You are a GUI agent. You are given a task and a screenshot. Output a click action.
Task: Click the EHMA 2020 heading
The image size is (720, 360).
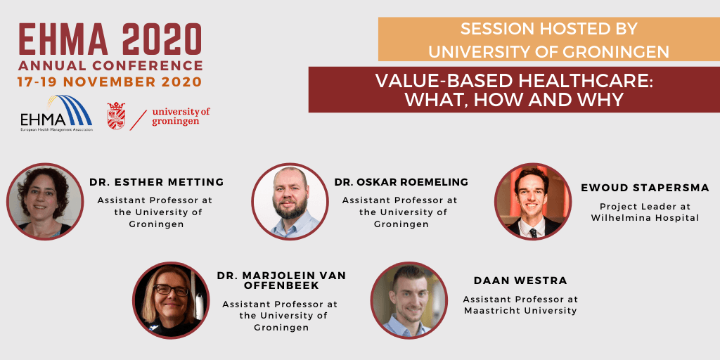(110, 40)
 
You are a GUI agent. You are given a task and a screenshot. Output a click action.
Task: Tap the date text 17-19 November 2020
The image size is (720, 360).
(110, 82)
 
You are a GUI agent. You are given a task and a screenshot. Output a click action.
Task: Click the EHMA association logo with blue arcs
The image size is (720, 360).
(56, 113)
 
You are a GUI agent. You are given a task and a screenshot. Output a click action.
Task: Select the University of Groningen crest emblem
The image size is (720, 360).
(116, 116)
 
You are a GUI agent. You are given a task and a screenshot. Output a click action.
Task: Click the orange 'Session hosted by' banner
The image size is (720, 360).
(548, 39)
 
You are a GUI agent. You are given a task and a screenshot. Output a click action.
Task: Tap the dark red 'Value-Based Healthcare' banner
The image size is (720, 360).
(514, 89)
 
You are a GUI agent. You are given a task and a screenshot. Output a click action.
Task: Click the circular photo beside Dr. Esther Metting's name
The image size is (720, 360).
(45, 201)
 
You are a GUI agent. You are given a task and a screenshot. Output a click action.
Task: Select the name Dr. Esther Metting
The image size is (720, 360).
(157, 182)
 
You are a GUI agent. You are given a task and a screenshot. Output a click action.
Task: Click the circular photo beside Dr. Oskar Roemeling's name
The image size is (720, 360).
(290, 202)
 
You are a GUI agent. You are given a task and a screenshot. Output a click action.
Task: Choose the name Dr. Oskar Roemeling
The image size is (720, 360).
(401, 182)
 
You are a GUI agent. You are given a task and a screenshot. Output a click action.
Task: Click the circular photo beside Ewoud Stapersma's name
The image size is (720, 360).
(533, 201)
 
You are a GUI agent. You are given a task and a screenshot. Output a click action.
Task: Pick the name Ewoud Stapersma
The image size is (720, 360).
(645, 188)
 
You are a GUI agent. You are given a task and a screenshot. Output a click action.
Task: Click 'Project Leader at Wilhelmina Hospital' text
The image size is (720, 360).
(645, 212)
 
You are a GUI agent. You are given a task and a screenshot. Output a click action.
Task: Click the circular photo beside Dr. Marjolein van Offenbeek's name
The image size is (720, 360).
(172, 300)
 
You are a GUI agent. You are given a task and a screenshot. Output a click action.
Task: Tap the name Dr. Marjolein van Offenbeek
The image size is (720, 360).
(281, 281)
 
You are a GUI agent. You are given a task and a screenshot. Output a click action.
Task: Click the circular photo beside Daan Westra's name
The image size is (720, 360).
(409, 300)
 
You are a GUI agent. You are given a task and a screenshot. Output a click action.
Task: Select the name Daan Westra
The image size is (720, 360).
(520, 281)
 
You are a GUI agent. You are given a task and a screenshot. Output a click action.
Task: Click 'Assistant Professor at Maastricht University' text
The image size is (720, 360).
(520, 305)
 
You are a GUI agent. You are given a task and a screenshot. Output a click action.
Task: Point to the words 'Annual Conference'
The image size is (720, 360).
(110, 65)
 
